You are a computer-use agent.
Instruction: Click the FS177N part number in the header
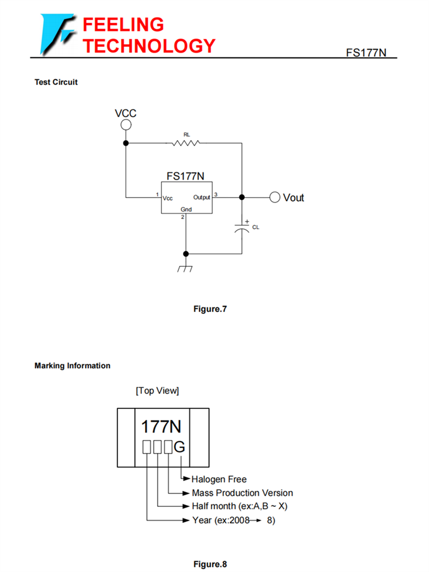point(366,53)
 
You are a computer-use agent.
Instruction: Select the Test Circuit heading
point(56,82)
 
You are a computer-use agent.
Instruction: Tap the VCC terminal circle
point(126,125)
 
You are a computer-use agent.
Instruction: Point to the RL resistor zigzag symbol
point(184,143)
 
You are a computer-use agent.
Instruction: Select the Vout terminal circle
point(275,197)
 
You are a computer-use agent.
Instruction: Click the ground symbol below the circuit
point(185,267)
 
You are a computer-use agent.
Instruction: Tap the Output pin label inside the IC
point(201,197)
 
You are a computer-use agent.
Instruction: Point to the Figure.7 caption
point(210,309)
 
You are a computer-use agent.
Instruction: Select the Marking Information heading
point(73,366)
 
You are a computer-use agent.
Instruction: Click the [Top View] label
point(157,391)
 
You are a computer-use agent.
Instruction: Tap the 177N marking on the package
point(162,427)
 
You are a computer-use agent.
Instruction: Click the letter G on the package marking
point(179,447)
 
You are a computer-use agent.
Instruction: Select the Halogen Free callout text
point(219,479)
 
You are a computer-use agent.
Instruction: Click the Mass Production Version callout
point(242,492)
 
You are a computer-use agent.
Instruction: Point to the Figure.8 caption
point(210,564)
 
